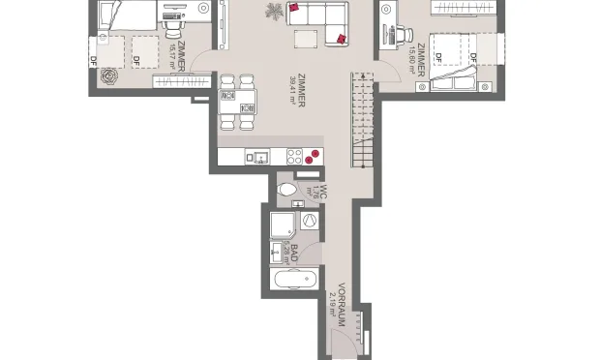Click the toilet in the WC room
(x=287, y=191)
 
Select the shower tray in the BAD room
(x=286, y=225)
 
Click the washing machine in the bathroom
(x=310, y=221)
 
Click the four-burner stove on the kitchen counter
(x=312, y=157)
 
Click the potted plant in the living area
(x=275, y=12)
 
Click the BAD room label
(x=294, y=254)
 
